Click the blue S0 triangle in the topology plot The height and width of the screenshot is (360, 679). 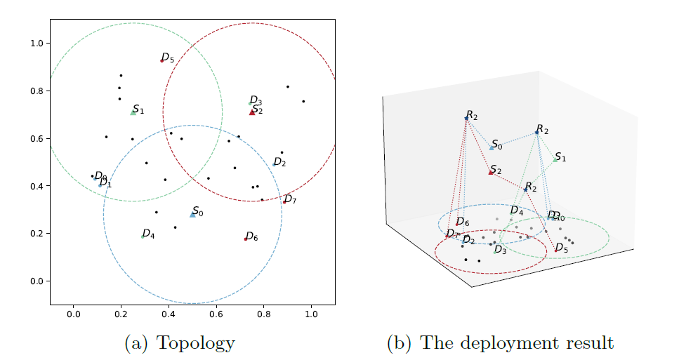(192, 214)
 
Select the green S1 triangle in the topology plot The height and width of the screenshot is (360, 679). (133, 112)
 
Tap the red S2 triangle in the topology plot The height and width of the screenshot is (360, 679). (252, 112)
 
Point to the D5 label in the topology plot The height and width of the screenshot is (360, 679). (168, 58)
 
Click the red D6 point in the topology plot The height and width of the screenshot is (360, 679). (245, 239)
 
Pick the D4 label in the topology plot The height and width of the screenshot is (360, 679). (148, 234)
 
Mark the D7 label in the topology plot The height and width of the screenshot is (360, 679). (290, 200)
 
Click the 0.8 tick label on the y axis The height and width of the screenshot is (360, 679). (37, 91)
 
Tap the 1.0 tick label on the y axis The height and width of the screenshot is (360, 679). (37, 44)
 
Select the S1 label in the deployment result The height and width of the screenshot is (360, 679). (560, 157)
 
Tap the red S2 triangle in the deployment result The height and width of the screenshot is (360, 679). (491, 172)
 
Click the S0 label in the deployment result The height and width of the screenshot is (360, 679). (497, 145)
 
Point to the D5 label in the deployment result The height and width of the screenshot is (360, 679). (562, 248)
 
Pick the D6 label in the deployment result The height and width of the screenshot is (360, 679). (463, 222)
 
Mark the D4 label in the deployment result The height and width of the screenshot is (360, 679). (517, 211)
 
